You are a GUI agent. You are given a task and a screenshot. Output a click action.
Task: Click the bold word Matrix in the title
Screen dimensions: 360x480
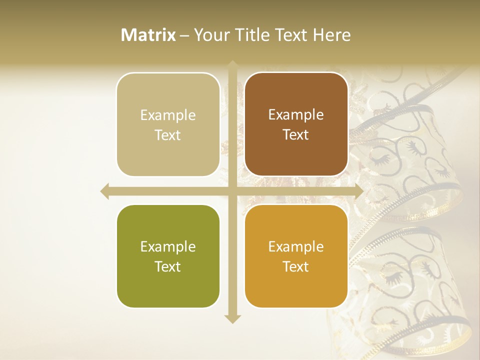(148, 35)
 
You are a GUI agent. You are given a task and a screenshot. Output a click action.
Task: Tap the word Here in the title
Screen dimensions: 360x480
(331, 35)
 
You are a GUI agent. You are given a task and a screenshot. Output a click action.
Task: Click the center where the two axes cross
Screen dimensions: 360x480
(232, 191)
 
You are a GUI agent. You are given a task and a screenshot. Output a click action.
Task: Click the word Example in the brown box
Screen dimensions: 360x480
(296, 114)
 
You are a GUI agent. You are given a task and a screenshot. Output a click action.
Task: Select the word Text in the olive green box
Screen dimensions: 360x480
(168, 266)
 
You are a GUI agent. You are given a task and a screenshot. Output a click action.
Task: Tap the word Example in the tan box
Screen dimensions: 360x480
(168, 115)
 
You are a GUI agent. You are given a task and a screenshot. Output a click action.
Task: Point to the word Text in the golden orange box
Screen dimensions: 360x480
(296, 266)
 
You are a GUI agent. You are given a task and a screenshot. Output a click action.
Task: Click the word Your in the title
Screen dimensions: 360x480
(209, 35)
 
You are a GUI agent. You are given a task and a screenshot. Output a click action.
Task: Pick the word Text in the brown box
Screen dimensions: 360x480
(296, 134)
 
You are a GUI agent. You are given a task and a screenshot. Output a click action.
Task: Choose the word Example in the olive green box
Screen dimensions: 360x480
(168, 246)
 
